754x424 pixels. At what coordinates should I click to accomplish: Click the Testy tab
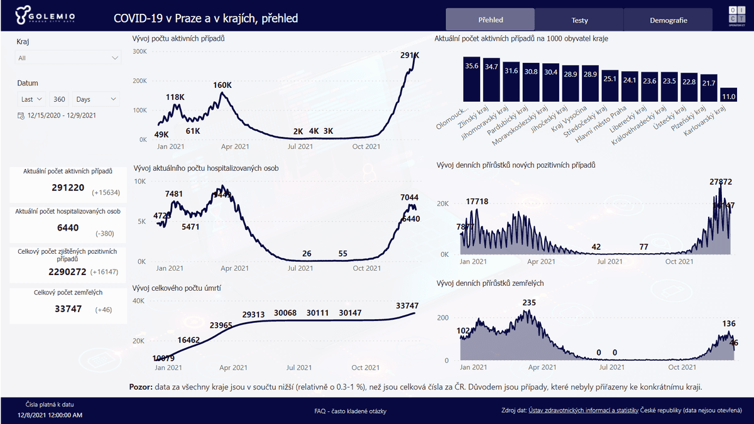click(579, 20)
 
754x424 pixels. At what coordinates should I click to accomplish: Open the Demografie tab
click(668, 20)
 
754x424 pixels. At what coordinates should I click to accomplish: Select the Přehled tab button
click(490, 20)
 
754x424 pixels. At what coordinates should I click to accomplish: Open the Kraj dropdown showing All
click(68, 58)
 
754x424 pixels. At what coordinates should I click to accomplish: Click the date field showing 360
click(60, 99)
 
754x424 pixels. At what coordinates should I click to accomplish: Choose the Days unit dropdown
click(96, 99)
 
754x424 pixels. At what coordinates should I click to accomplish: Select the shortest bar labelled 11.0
click(729, 95)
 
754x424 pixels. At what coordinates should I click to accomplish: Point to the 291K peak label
click(410, 56)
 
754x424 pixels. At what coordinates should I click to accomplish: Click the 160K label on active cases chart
click(222, 85)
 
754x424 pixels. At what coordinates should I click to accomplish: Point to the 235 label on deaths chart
click(529, 303)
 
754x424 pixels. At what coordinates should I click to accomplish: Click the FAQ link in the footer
click(350, 411)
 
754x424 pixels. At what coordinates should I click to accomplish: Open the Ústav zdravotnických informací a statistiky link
click(583, 411)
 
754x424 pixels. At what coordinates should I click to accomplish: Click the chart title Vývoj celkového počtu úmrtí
click(177, 288)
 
